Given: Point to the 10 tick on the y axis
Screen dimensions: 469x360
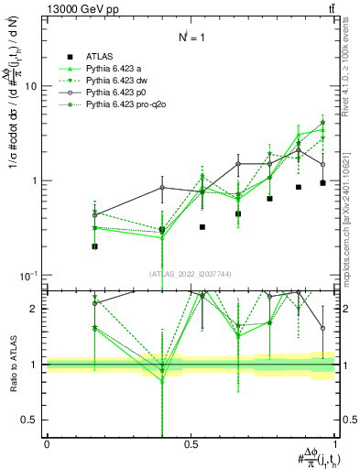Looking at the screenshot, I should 35,86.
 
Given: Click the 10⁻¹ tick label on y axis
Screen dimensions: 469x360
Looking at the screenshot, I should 31,276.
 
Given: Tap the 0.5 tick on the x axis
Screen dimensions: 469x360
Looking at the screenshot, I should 191,443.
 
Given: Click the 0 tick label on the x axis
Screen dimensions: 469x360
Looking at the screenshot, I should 47,443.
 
